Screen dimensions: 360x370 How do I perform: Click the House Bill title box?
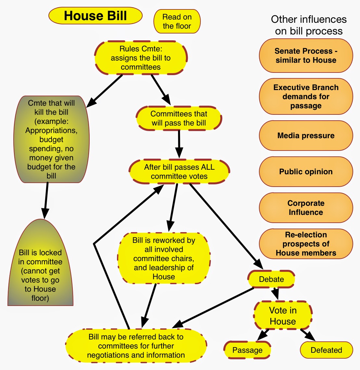click(x=95, y=16)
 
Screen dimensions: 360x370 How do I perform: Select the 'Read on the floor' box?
click(x=177, y=21)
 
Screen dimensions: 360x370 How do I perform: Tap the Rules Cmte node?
click(x=141, y=58)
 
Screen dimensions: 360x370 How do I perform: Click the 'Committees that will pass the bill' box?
click(x=179, y=118)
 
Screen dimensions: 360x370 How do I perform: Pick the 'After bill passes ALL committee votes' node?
click(x=179, y=172)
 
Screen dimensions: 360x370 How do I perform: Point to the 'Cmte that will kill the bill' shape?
click(x=51, y=139)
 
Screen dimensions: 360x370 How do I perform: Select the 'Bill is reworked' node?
click(x=164, y=258)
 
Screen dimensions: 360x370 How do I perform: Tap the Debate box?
click(x=271, y=279)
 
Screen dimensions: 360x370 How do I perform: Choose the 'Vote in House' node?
click(x=283, y=316)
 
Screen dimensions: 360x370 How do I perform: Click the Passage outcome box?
click(x=247, y=350)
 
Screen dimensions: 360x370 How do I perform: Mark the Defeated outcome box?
click(x=326, y=350)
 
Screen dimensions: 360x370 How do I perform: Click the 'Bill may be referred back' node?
click(x=136, y=346)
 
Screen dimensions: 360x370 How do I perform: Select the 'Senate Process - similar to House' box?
click(x=306, y=56)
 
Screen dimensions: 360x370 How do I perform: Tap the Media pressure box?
click(x=306, y=136)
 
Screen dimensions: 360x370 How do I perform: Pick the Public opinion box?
click(x=306, y=172)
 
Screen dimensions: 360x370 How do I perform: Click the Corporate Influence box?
click(x=306, y=208)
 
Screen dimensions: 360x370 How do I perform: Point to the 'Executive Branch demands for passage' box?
click(x=306, y=97)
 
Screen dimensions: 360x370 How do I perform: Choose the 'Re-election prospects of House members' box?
click(x=306, y=244)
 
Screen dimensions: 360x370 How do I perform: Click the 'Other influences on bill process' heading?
click(x=309, y=25)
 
